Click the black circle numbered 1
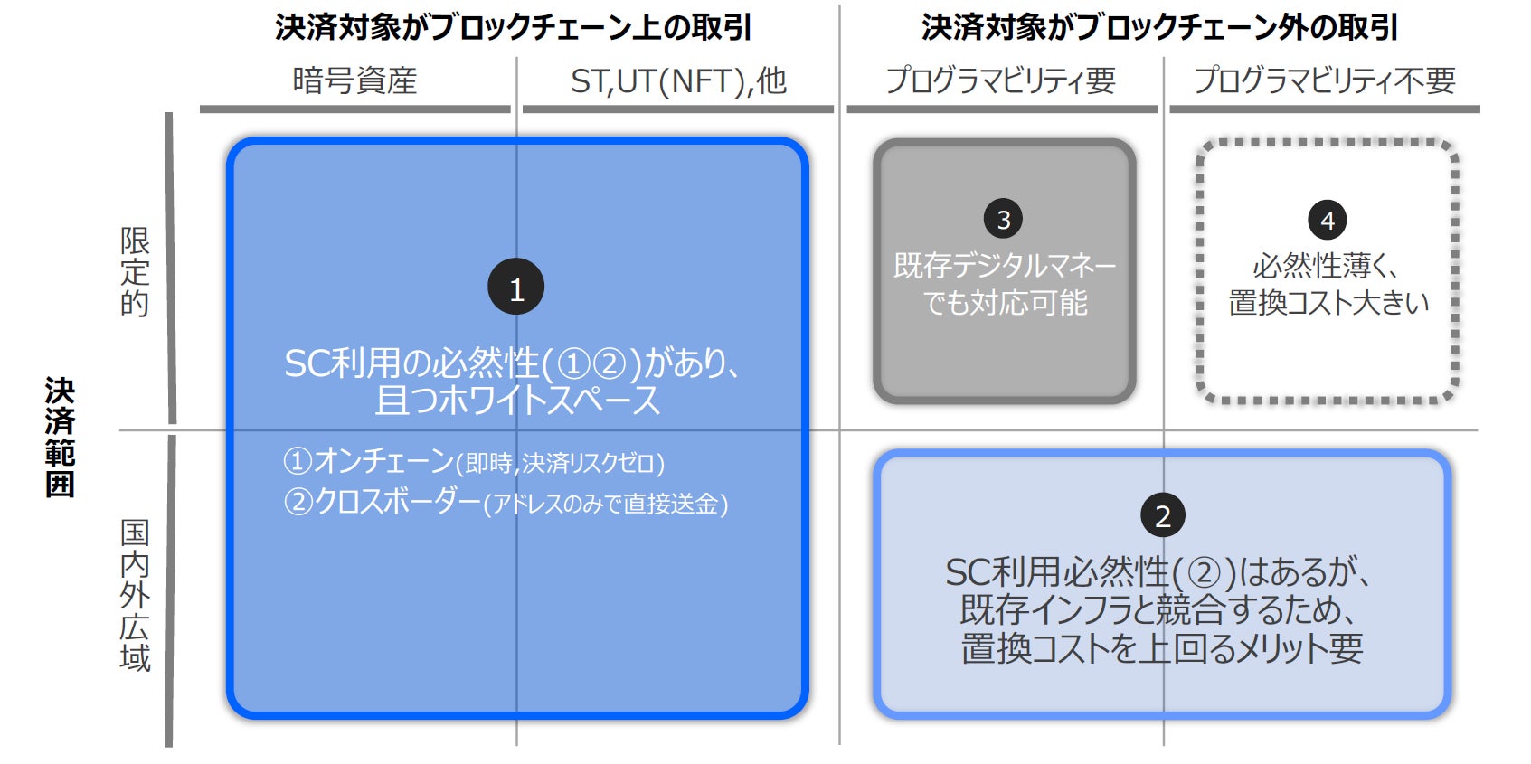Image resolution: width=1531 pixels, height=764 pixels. [515, 288]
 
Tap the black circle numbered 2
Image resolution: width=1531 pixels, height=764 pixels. [1163, 515]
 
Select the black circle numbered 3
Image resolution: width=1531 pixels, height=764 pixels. [1003, 219]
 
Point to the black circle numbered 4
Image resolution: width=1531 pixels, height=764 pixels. [1327, 220]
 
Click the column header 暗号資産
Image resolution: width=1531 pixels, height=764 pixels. [354, 81]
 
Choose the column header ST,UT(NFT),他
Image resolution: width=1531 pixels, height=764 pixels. [678, 81]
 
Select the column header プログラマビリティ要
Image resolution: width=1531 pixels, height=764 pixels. [1000, 81]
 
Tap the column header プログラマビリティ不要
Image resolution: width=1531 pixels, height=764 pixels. [1325, 81]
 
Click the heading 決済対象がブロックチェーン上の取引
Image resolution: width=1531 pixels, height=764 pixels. [513, 27]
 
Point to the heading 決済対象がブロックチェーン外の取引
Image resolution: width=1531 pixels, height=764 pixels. [1159, 27]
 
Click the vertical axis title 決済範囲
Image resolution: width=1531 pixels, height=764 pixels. [60, 438]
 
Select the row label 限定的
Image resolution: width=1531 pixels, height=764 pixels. [135, 271]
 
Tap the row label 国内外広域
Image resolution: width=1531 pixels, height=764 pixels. [135, 595]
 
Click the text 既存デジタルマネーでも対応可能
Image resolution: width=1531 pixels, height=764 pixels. [1005, 284]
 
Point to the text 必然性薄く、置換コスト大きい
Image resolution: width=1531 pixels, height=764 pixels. [1328, 284]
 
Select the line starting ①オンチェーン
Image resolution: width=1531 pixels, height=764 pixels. [474, 462]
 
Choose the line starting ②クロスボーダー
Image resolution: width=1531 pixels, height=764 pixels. [506, 502]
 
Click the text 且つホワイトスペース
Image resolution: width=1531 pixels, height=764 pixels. [517, 400]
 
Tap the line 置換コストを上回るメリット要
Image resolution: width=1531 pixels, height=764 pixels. [1162, 648]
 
